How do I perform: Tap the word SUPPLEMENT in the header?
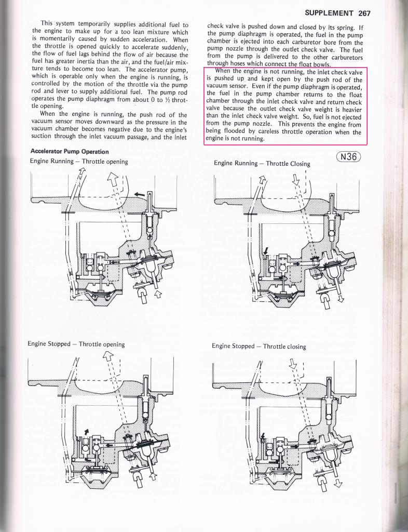(329, 13)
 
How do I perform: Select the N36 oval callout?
(348, 156)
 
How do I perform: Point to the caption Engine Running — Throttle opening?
(79, 161)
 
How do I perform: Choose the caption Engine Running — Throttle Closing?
(262, 163)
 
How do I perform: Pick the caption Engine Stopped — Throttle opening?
(76, 344)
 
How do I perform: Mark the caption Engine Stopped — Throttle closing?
(259, 346)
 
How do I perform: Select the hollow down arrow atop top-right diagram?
(296, 179)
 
